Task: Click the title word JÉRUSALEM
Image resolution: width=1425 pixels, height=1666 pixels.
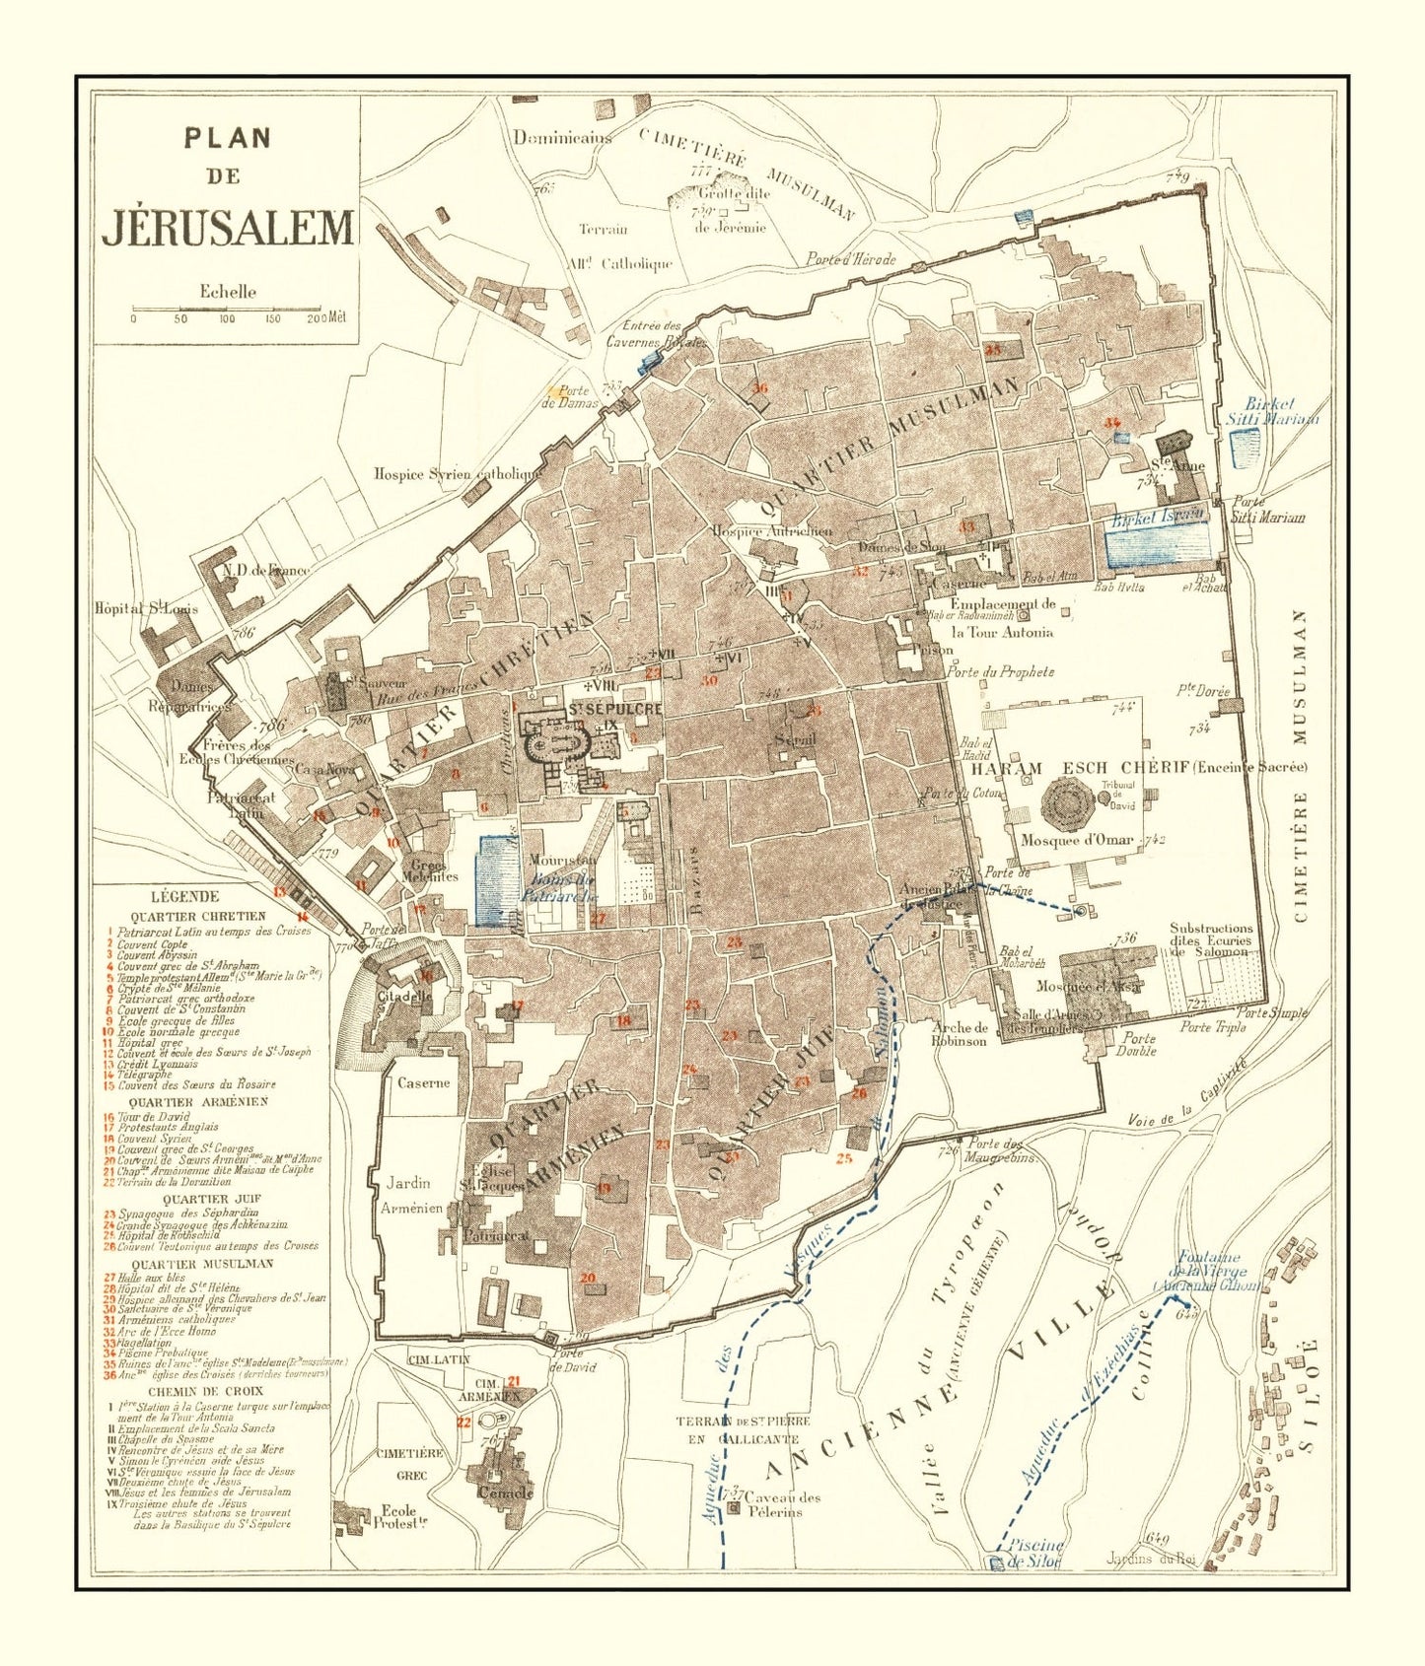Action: click(228, 228)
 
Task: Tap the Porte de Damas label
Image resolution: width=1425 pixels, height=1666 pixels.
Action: click(569, 396)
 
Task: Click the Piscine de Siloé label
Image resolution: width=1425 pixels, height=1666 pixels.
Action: click(1033, 1553)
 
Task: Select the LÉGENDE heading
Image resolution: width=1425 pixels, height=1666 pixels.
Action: click(184, 896)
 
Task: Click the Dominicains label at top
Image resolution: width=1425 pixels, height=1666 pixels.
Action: click(561, 138)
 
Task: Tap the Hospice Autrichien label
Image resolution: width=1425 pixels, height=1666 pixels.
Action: click(772, 530)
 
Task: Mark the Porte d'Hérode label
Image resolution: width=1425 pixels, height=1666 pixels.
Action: click(850, 259)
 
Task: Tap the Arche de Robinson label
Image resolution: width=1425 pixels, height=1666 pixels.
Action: click(959, 1033)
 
